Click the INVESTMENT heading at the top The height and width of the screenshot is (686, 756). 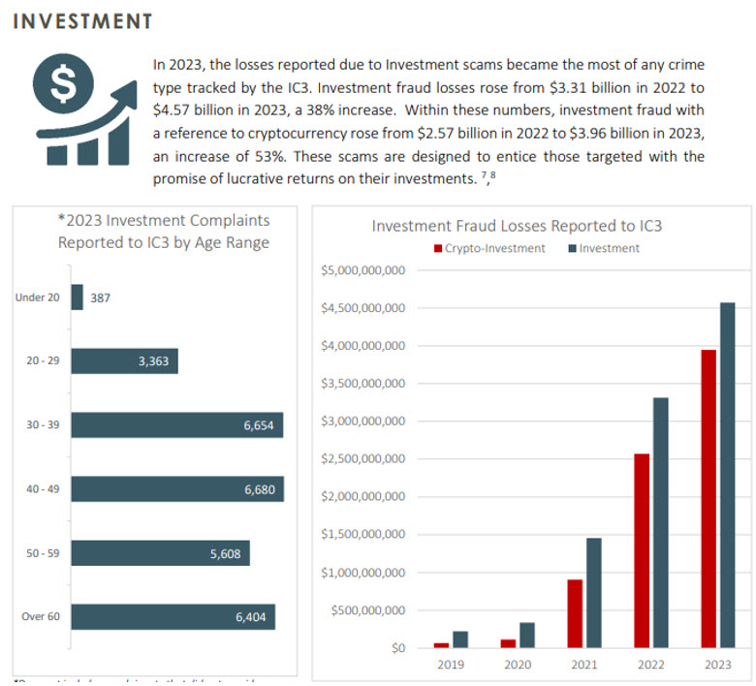point(82,21)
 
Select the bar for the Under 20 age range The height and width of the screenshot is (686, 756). point(77,297)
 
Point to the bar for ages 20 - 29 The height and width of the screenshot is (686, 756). point(124,361)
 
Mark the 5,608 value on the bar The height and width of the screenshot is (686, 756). point(227,553)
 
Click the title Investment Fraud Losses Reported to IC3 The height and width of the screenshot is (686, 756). point(517,226)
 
